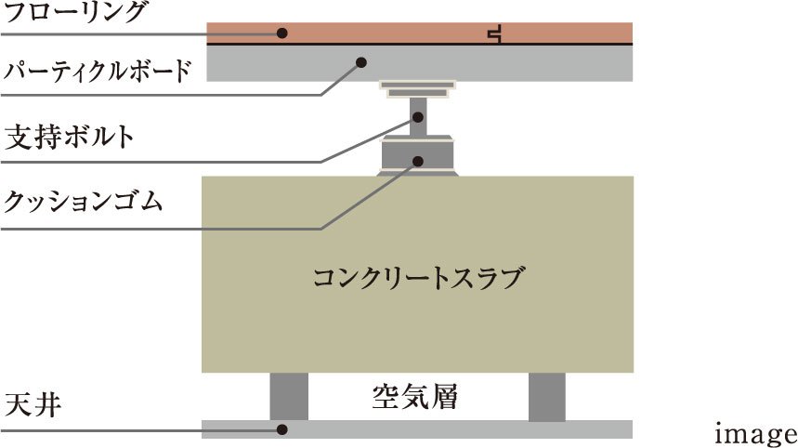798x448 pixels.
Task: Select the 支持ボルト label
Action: pos(70,138)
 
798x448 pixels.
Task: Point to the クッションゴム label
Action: pos(84,200)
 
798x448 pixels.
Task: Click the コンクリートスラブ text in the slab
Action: pos(418,277)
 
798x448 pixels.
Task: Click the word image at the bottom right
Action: pos(755,433)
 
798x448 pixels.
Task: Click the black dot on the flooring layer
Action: pos(282,33)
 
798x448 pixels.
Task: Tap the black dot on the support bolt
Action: pos(418,117)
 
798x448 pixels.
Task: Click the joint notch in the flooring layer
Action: pos(496,35)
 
